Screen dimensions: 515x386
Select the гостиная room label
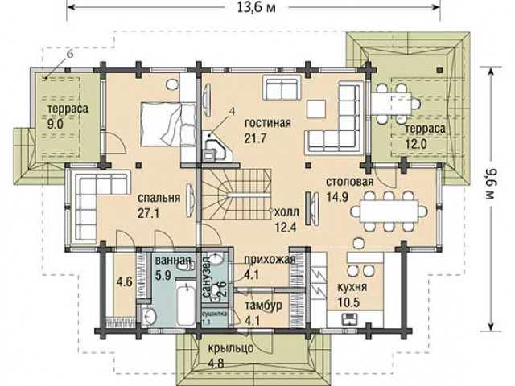click(268, 123)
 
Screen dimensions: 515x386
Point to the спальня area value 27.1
click(148, 214)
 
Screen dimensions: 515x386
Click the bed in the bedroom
click(168, 123)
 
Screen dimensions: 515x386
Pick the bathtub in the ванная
click(185, 302)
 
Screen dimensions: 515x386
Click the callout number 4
click(232, 111)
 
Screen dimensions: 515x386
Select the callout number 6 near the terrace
click(70, 55)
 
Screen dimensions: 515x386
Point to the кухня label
click(352, 287)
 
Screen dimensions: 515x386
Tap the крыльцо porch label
click(231, 347)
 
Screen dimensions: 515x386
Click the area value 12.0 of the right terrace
click(416, 144)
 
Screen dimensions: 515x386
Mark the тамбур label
click(263, 305)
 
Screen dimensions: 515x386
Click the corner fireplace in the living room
click(216, 146)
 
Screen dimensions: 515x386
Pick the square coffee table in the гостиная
click(316, 109)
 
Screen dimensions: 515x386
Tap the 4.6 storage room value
click(125, 281)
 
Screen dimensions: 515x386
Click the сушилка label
click(215, 314)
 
